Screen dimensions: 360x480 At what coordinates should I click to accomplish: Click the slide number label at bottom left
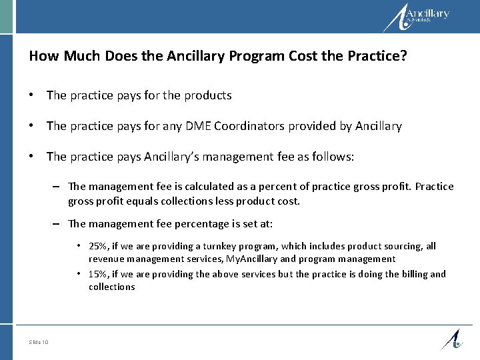coord(39,343)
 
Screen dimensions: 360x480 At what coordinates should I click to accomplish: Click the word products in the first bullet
coord(209,95)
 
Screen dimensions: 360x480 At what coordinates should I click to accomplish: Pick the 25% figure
coord(99,246)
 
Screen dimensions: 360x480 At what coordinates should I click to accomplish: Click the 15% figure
coord(99,274)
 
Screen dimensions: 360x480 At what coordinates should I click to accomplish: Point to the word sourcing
coord(391,246)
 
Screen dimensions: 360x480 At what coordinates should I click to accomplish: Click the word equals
coord(135,199)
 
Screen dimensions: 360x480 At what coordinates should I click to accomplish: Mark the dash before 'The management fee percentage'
coord(58,224)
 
